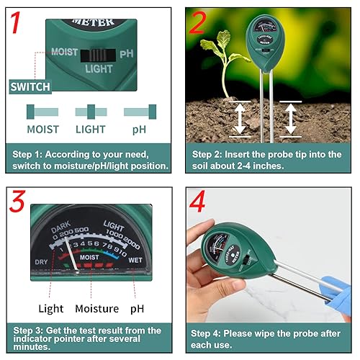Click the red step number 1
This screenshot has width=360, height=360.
click(x=21, y=24)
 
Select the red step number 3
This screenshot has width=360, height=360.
click(x=19, y=204)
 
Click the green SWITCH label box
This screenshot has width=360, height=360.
click(x=30, y=87)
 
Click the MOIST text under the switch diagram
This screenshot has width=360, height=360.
click(x=42, y=130)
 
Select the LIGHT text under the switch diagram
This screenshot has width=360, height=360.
click(x=91, y=130)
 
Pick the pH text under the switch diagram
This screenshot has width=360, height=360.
click(x=140, y=130)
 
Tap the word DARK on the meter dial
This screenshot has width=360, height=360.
click(x=61, y=231)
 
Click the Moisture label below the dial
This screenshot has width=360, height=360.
click(x=97, y=309)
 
